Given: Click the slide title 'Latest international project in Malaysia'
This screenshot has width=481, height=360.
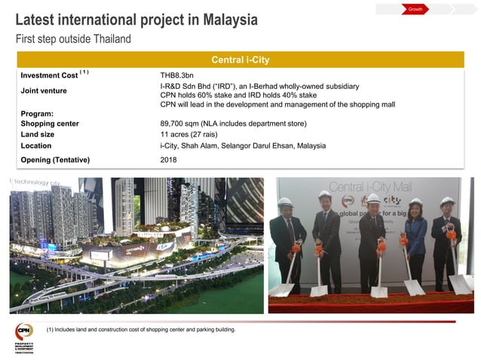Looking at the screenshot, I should [x=136, y=20].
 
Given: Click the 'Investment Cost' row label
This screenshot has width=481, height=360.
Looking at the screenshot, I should [x=50, y=75].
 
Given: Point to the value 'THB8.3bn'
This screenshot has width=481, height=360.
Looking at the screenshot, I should [x=179, y=75].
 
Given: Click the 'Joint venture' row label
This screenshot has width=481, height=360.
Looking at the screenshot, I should [x=44, y=91].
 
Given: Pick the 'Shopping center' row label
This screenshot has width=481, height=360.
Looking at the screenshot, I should [x=50, y=123].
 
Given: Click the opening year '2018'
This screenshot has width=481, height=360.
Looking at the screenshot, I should [x=169, y=160].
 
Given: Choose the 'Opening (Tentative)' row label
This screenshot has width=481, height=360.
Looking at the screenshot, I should [x=55, y=160].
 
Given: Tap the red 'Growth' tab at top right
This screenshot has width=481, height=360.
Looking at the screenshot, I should [x=415, y=9].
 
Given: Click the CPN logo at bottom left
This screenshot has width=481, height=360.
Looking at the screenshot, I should [x=24, y=332].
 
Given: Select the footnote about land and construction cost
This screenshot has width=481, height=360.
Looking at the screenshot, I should [x=141, y=330].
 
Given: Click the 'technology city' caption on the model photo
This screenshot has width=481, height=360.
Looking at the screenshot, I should [x=33, y=182].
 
